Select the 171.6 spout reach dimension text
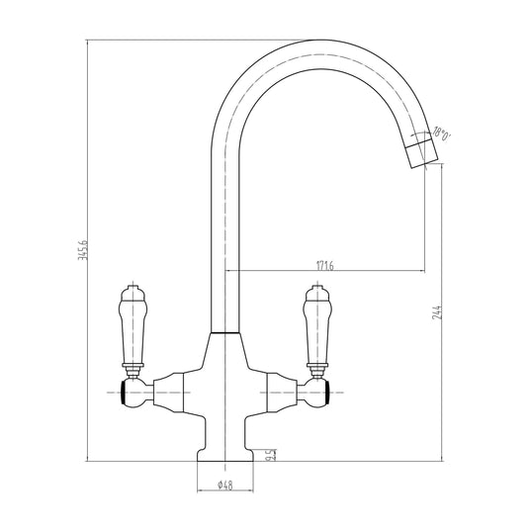[323, 264]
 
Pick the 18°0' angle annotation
[443, 135]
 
